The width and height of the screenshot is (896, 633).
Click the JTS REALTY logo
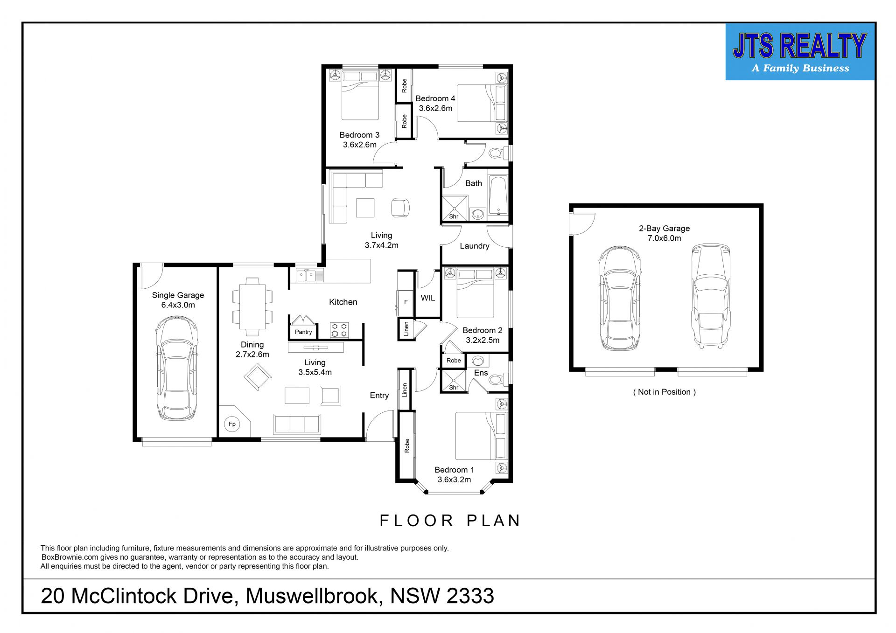[800, 52]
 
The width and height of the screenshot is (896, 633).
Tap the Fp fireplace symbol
[232, 424]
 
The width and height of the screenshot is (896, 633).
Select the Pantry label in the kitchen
[303, 332]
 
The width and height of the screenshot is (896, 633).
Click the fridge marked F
[406, 302]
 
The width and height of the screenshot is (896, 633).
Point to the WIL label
[428, 298]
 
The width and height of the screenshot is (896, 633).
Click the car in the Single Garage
[176, 368]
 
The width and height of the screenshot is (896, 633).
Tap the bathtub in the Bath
[498, 195]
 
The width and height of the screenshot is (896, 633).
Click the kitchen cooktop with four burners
[339, 330]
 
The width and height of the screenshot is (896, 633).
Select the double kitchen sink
[309, 275]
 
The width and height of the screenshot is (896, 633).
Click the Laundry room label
[475, 246]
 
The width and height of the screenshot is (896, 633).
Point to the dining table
[252, 307]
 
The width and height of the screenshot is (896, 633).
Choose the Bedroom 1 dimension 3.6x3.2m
[454, 480]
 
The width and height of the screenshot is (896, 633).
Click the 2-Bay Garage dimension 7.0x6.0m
[664, 238]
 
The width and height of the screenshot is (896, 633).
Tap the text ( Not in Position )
[665, 392]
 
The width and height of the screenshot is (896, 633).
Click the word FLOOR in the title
[417, 521]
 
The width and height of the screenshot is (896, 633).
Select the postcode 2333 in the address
[470, 596]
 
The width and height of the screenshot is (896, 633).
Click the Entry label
[379, 396]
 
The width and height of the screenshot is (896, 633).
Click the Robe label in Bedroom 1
[407, 445]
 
